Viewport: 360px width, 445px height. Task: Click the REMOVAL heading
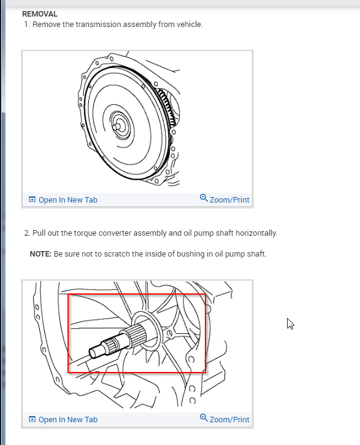[40, 14]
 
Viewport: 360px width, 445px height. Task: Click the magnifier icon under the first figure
[204, 198]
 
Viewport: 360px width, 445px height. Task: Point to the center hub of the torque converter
[117, 126]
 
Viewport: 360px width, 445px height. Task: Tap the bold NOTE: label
[40, 253]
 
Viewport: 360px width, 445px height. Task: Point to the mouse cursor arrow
[290, 323]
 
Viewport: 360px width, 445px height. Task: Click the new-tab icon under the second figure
[32, 419]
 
